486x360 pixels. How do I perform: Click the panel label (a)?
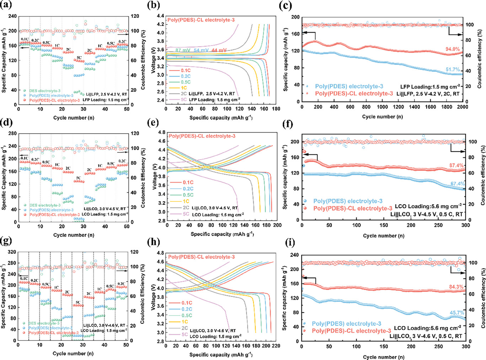(x=6, y=5)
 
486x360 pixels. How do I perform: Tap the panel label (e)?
(x=153, y=123)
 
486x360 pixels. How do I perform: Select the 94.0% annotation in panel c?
(x=452, y=49)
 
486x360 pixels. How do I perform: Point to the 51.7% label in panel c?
(x=453, y=70)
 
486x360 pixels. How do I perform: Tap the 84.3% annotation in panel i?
(x=456, y=287)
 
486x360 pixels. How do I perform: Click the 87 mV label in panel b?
(x=183, y=50)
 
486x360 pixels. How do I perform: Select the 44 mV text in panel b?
(x=219, y=50)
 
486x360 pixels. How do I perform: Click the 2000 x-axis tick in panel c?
(x=462, y=107)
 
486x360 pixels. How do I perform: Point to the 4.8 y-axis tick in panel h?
(x=160, y=253)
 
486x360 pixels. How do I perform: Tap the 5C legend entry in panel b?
(x=184, y=100)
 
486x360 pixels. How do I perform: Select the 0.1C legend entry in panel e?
(x=188, y=182)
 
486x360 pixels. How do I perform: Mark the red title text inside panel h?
(x=201, y=257)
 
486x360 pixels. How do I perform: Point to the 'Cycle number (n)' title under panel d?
(x=74, y=235)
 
